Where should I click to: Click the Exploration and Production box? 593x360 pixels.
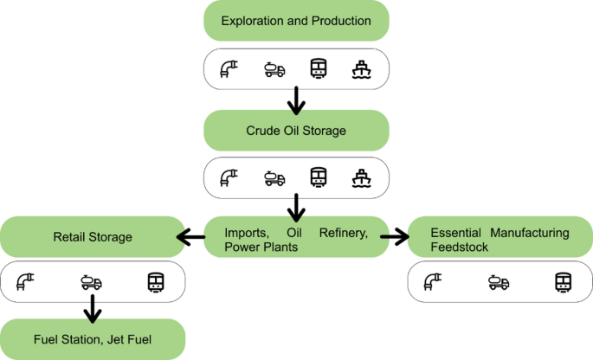tap(296, 21)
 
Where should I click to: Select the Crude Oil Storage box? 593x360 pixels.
tap(296, 131)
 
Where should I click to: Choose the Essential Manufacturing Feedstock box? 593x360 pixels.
tap(500, 239)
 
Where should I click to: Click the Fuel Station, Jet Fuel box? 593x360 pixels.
tap(92, 338)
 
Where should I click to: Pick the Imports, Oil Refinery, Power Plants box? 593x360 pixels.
tap(296, 239)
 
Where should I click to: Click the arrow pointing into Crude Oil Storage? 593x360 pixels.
tap(296, 100)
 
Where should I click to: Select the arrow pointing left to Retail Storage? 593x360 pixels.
tap(190, 237)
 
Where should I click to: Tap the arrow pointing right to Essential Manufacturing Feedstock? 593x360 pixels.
tap(394, 236)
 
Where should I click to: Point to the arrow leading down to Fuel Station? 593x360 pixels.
tap(91, 306)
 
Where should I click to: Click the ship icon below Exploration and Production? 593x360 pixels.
tap(361, 68)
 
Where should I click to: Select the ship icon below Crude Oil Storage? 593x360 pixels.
tap(361, 177)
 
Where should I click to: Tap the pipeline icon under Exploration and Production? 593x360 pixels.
tap(230, 68)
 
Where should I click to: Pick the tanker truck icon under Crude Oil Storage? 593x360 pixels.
tap(274, 178)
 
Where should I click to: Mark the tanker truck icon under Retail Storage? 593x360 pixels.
tap(91, 282)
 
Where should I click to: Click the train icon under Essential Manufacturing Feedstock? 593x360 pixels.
tap(564, 281)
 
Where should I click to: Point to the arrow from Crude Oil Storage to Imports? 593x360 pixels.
tap(296, 208)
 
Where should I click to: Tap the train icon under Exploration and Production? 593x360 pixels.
tap(319, 68)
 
